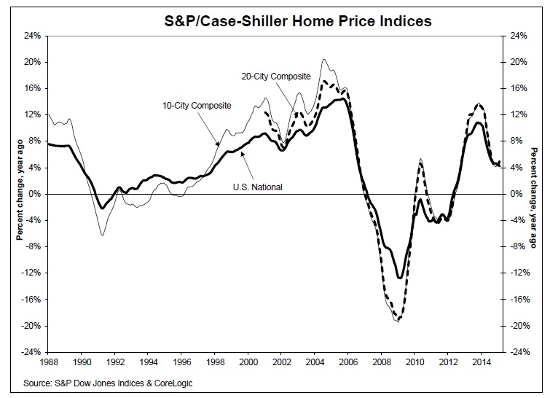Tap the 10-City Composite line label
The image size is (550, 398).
coord(197,106)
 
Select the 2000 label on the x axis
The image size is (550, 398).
coord(248,362)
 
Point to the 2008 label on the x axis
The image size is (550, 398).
coord(381,362)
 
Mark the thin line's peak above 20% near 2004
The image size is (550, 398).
coord(323,59)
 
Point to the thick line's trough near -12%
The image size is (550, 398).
coord(399,278)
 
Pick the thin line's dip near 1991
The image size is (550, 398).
coord(103,235)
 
